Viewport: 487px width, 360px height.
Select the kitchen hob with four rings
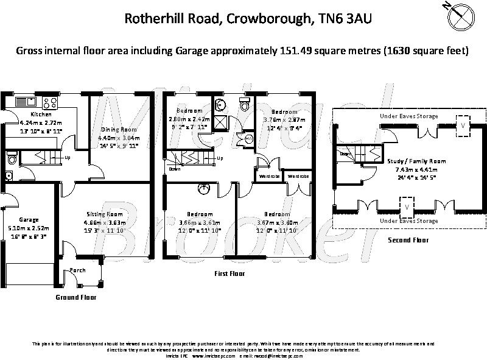(51, 102)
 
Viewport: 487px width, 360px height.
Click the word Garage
(28, 220)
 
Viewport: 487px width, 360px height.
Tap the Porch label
(78, 270)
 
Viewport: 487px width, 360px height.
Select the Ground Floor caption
(75, 297)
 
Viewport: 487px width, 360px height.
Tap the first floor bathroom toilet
(245, 104)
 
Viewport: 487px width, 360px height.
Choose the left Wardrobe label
(268, 176)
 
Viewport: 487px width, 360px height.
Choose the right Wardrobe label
(298, 176)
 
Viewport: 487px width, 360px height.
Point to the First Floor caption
(229, 274)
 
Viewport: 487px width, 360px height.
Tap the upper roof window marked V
(464, 124)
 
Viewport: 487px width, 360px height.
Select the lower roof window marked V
(407, 208)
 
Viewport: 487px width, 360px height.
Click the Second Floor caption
(408, 240)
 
